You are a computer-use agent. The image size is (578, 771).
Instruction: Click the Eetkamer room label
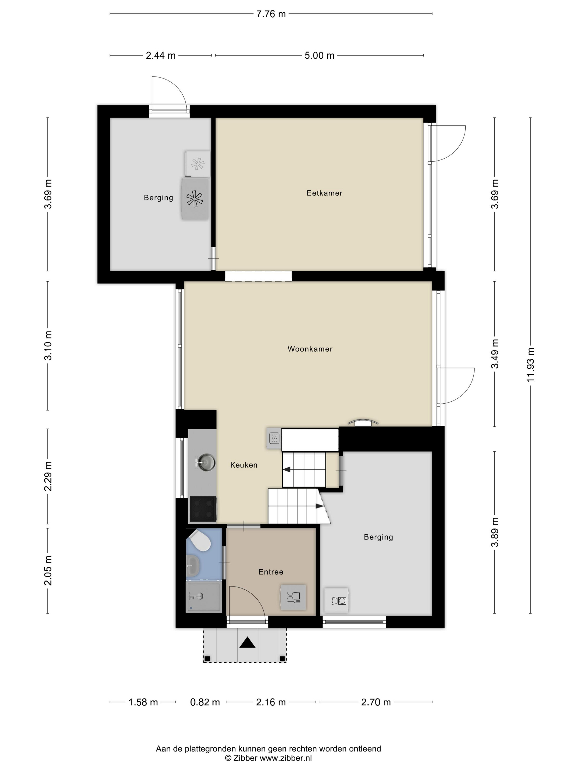(324, 193)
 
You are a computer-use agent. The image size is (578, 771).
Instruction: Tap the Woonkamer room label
(310, 349)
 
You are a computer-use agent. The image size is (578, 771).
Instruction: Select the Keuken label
(244, 465)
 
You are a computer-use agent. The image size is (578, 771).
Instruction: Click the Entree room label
(271, 572)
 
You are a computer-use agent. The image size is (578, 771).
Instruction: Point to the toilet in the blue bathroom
(199, 541)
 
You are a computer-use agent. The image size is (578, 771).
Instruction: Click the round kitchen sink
(206, 463)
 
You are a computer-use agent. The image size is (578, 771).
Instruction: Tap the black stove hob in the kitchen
(203, 509)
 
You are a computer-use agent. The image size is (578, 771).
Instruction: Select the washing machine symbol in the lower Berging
(337, 601)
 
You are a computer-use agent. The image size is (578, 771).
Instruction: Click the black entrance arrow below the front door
(247, 643)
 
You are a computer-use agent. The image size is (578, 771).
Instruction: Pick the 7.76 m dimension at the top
(271, 14)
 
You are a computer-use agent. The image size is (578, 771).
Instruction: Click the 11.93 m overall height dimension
(530, 365)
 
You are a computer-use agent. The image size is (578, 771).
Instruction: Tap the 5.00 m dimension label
(320, 55)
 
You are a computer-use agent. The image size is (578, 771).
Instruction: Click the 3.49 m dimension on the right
(495, 354)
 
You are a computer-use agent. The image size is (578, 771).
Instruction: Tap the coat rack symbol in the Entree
(293, 597)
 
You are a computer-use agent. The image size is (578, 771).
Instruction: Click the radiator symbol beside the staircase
(274, 438)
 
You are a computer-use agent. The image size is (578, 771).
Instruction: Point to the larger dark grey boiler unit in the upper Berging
(195, 199)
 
